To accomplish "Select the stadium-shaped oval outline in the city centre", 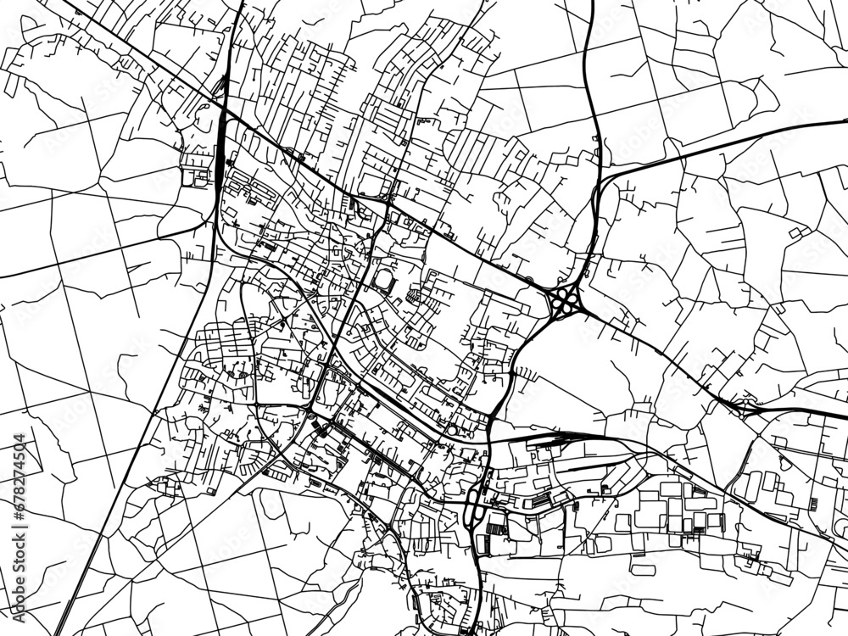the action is pyautogui.click(x=384, y=280).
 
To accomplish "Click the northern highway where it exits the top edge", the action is pyautogui.click(x=591, y=3).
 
